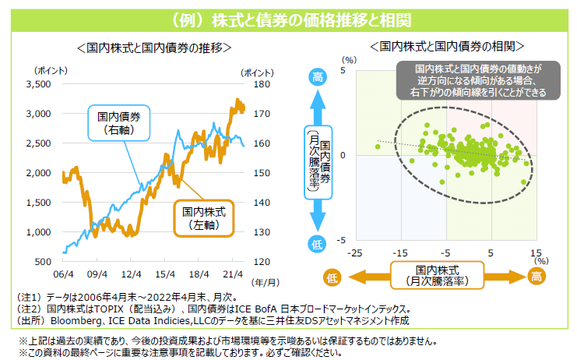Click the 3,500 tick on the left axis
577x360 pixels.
pos(39,84)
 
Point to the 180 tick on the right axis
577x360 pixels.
pos(262,84)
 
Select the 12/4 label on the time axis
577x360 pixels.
pos(132,274)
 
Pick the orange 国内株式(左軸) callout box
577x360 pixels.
pos(203,217)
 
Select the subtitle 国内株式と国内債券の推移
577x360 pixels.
pos(154,48)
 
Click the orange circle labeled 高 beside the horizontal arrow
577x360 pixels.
pos(537,277)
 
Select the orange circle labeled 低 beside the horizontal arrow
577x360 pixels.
pos(331,277)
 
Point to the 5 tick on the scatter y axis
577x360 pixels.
pos(342,72)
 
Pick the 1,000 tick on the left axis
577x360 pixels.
pos(39,232)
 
